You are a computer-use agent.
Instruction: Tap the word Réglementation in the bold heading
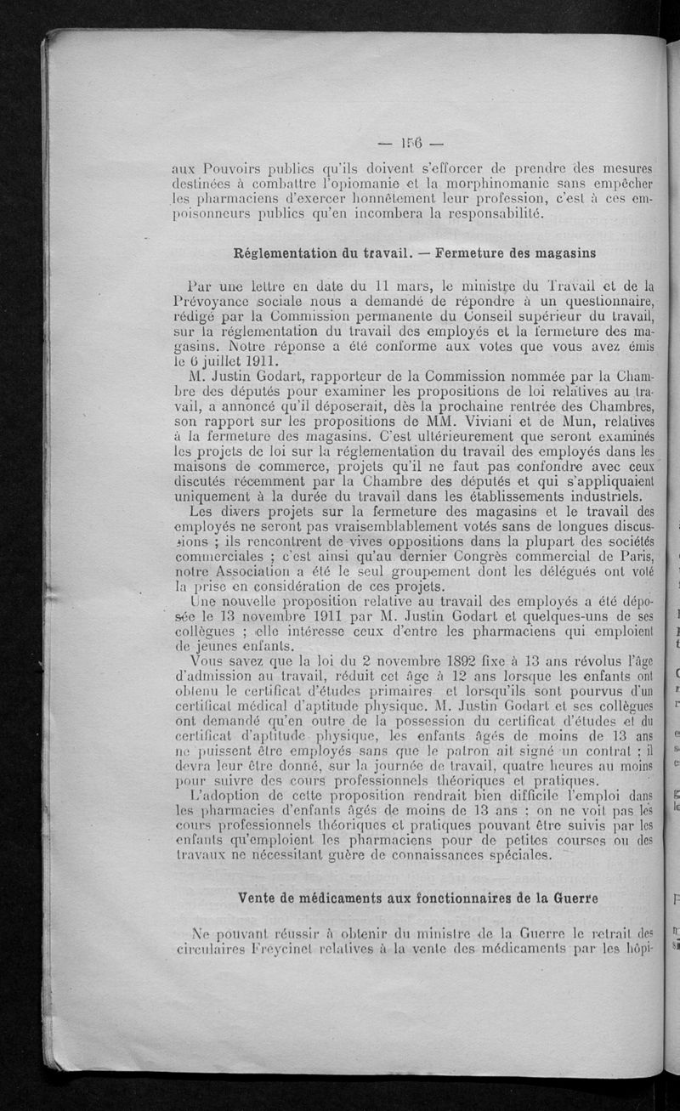pos(288,252)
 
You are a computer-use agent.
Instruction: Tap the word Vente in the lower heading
pos(259,898)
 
